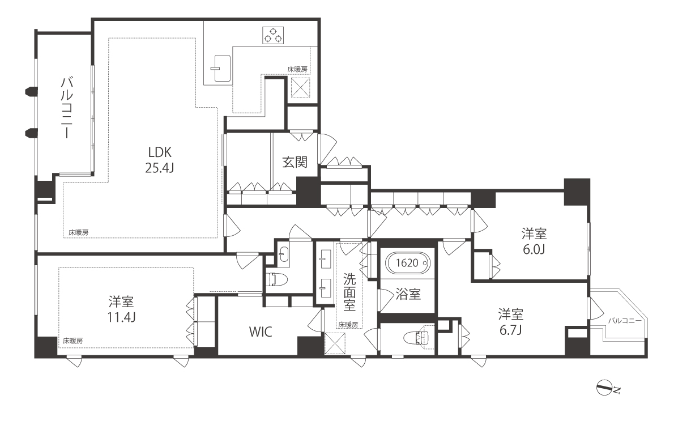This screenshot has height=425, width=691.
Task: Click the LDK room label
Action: [160, 152]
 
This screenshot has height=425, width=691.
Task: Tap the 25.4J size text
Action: [160, 168]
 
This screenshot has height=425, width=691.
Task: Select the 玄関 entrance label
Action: [295, 162]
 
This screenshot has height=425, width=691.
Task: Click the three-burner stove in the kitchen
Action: [273, 36]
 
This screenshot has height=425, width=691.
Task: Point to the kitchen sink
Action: [221, 69]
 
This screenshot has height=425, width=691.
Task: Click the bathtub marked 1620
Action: [407, 263]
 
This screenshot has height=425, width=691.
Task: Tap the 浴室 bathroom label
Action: [408, 294]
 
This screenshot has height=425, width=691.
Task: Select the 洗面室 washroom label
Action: [349, 292]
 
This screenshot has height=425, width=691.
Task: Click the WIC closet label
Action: [261, 332]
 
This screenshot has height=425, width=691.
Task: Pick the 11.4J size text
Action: [121, 317]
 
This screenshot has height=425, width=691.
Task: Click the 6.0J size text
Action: [534, 249]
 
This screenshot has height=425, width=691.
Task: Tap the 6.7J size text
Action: [510, 330]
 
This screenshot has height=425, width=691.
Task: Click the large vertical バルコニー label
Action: [67, 108]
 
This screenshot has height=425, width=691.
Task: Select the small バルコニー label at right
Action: [624, 321]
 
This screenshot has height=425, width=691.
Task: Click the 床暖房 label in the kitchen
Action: [297, 70]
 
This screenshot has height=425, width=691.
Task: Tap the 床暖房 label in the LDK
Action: [78, 232]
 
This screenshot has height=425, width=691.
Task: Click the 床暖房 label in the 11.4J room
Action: [73, 341]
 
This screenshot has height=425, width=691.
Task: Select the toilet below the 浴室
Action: [416, 337]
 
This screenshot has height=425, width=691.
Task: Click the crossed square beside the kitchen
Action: [300, 87]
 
